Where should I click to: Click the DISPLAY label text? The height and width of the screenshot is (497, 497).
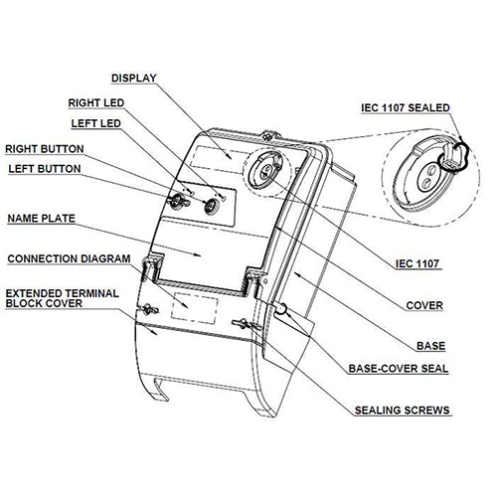pos(134,77)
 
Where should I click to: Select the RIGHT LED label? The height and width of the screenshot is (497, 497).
pos(97,102)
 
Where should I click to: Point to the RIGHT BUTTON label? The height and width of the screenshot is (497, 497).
pos(45,148)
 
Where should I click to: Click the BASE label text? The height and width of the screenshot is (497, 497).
pos(430,346)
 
